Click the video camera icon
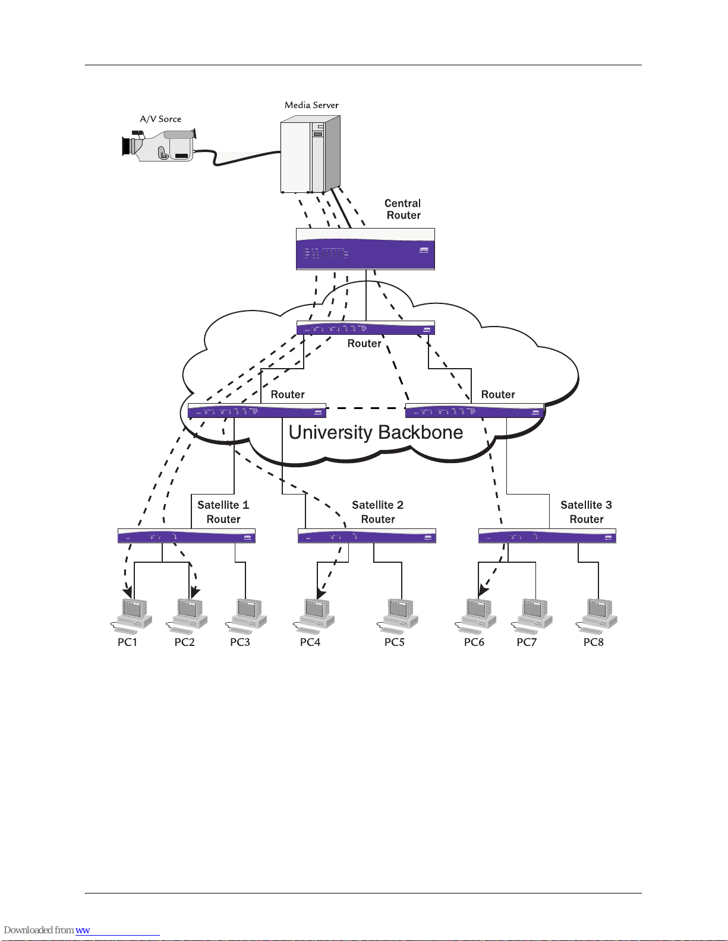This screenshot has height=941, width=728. point(159,145)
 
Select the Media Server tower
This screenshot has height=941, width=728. point(310,154)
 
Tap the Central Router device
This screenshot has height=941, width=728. point(365,249)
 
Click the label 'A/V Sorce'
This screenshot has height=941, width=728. point(160,119)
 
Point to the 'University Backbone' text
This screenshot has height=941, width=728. point(376,433)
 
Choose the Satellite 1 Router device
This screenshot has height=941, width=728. point(186,536)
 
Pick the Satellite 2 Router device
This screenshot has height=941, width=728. point(367,536)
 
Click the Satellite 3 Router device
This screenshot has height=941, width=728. point(547,536)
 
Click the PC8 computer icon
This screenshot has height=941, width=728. point(598,615)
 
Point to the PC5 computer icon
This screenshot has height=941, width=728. point(399,615)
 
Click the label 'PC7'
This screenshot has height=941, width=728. point(527,642)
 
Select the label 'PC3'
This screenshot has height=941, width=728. point(240,642)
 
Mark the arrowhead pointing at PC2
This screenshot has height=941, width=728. point(195,593)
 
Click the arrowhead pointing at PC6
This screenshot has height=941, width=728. point(483,591)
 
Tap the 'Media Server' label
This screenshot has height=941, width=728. point(311,105)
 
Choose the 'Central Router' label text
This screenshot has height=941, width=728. point(403,210)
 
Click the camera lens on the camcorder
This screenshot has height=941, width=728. point(126,146)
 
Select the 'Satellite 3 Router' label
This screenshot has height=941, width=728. point(586,512)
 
